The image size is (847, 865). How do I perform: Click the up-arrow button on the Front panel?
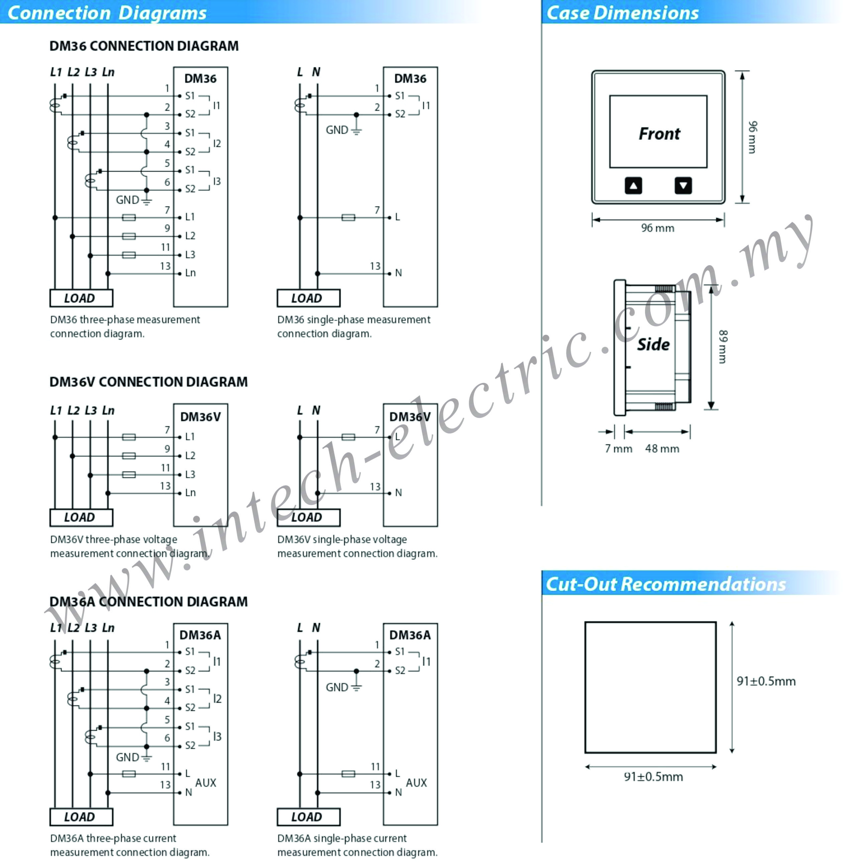pyautogui.click(x=633, y=185)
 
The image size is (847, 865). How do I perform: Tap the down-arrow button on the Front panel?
pyautogui.click(x=683, y=185)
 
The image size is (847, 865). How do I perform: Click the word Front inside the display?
pyautogui.click(x=659, y=133)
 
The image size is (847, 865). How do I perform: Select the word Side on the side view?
pyautogui.click(x=653, y=344)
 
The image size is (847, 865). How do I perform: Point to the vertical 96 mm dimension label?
pyautogui.click(x=752, y=137)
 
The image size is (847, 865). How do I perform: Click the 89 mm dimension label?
pyautogui.click(x=723, y=347)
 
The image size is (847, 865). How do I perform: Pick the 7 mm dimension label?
pyautogui.click(x=618, y=449)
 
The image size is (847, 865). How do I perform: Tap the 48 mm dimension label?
pyautogui.click(x=662, y=449)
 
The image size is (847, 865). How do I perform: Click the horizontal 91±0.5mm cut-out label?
pyautogui.click(x=653, y=777)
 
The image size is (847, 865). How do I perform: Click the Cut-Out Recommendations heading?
pyautogui.click(x=665, y=584)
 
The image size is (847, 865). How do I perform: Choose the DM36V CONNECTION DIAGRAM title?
pyautogui.click(x=148, y=382)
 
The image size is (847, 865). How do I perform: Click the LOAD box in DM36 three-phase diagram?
pyautogui.click(x=81, y=298)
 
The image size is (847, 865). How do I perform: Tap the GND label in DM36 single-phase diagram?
pyautogui.click(x=337, y=130)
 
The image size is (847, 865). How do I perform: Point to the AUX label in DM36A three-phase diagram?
pyautogui.click(x=206, y=783)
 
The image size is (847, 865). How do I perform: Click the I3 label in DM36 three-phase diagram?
pyautogui.click(x=217, y=181)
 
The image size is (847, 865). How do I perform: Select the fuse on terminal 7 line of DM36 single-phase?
pyautogui.click(x=348, y=217)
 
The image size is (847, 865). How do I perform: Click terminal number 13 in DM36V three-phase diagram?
pyautogui.click(x=166, y=486)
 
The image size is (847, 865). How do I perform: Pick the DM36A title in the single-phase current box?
pyautogui.click(x=410, y=635)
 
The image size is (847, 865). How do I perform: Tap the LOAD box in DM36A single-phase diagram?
pyautogui.click(x=308, y=816)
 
